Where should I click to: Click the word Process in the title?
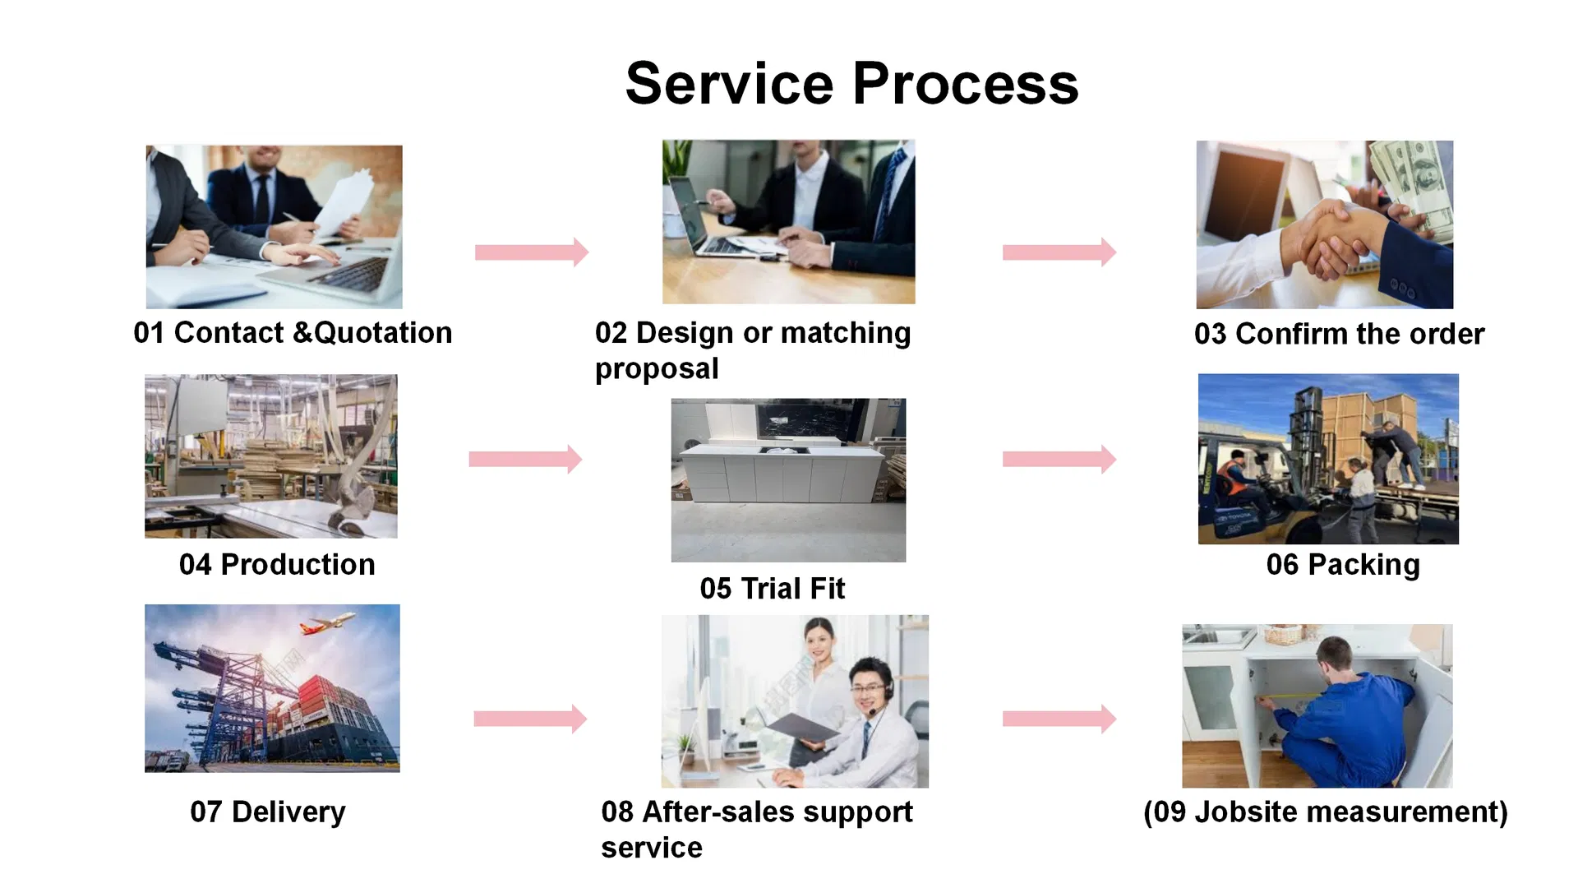[966, 84]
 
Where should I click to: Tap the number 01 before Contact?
[150, 333]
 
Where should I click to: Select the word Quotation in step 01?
[383, 333]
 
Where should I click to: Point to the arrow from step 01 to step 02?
[532, 252]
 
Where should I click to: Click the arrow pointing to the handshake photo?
[1059, 252]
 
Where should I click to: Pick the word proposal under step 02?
[657, 369]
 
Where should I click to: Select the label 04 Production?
[277, 565]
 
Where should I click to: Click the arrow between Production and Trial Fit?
[525, 460]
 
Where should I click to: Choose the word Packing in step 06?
[1363, 566]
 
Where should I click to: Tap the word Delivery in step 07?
[288, 812]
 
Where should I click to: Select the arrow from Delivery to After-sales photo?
[530, 719]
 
